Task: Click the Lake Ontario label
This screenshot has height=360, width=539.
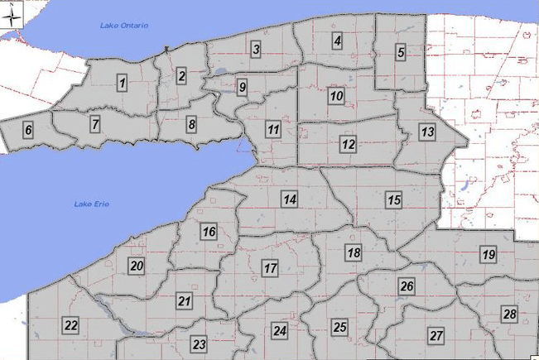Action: pos(124,26)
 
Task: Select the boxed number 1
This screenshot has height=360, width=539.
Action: pos(123,83)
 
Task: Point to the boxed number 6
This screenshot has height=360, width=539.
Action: pos(28,130)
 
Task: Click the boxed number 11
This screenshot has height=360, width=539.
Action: pos(273,129)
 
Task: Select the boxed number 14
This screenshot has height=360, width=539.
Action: pos(289,199)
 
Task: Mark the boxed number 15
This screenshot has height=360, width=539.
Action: pos(394,199)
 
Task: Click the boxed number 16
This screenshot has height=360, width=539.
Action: pos(209,232)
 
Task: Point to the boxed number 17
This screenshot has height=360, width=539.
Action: pos(269,269)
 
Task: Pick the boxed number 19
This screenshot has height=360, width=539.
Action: pos(488,254)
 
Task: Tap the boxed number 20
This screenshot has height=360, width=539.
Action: pos(137,266)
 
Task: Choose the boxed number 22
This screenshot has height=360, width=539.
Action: pos(71,324)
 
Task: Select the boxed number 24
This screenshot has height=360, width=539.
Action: pos(280,331)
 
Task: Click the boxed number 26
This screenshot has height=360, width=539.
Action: pos(407,286)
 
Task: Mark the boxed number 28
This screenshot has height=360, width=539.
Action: pos(509,314)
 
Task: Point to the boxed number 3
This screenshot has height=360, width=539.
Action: pos(257,50)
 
